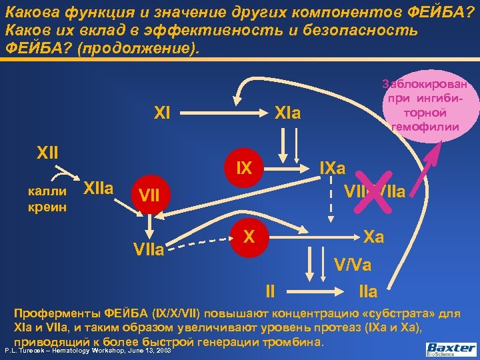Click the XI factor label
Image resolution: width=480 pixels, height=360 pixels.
161,114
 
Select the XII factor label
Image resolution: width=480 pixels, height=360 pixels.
47,155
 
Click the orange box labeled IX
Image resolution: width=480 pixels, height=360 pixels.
245,169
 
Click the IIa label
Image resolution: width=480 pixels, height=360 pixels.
368,291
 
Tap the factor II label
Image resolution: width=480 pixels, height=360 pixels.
270,291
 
